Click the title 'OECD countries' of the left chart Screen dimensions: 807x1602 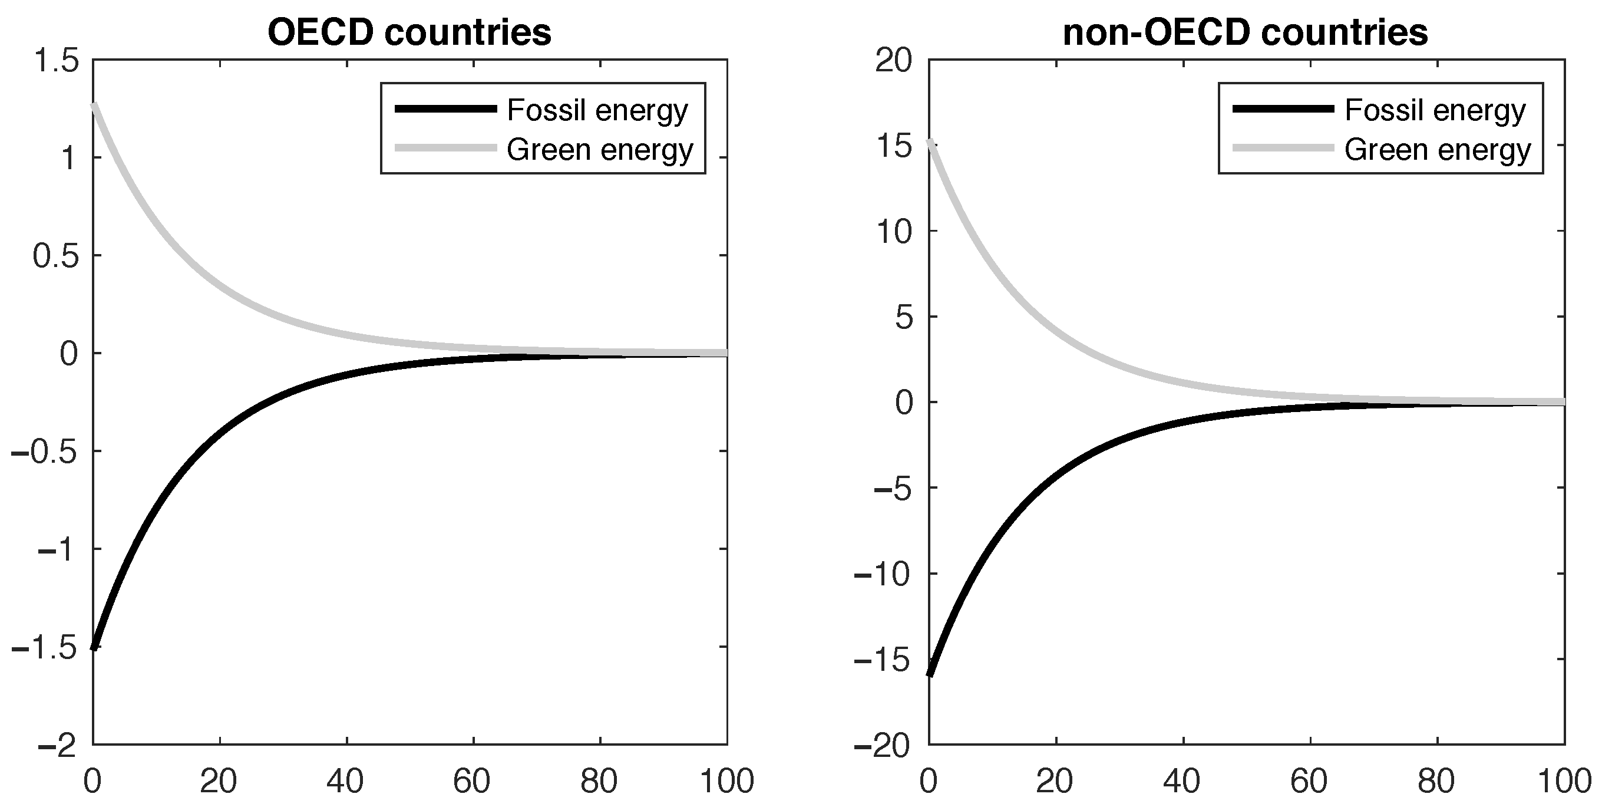point(409,32)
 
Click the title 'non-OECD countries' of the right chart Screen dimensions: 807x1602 point(1245,32)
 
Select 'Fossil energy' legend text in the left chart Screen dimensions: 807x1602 point(597,110)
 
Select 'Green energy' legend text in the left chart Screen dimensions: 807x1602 point(600,150)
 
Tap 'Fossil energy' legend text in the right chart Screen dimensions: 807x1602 point(1435,110)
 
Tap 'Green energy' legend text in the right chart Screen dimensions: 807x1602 point(1437,150)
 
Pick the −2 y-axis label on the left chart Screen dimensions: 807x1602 point(57,745)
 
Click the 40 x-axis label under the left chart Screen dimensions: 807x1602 point(346,781)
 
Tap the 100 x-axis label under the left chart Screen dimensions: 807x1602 point(726,781)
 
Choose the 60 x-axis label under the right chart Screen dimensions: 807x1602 point(1309,781)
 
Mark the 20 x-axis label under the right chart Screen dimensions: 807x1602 point(1055,781)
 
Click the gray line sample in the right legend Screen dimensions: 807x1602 point(1283,148)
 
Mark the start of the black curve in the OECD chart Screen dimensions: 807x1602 point(93,648)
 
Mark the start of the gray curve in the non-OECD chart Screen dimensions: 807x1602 point(930,142)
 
